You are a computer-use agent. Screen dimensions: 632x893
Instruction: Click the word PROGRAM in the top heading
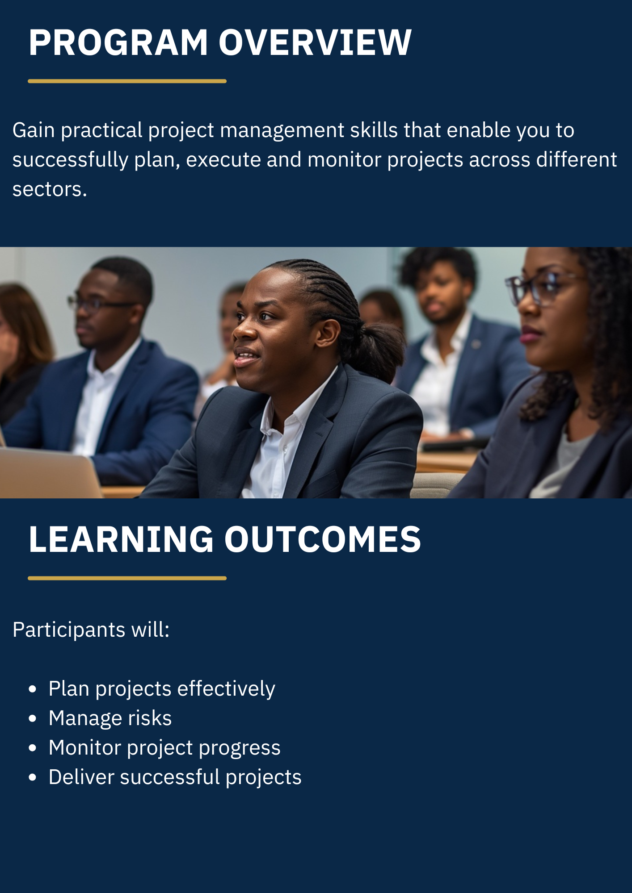point(118,42)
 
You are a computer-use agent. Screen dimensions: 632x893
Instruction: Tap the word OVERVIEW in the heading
point(315,42)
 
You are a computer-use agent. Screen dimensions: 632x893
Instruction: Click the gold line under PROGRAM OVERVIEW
point(127,81)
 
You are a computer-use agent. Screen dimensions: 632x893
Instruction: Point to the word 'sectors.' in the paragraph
point(50,189)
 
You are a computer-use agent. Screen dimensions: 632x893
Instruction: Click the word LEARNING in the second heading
point(121,539)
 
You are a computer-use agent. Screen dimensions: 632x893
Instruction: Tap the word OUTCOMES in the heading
point(323,539)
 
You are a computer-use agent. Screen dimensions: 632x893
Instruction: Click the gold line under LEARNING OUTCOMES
point(127,578)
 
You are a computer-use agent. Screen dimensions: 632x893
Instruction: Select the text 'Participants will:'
point(91,630)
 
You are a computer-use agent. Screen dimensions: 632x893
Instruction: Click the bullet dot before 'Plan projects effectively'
point(32,689)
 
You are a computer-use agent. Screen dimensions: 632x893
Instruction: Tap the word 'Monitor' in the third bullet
point(85,748)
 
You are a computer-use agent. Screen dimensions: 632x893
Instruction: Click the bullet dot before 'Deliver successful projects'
point(32,777)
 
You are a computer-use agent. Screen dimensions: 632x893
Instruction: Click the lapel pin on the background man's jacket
point(476,344)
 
